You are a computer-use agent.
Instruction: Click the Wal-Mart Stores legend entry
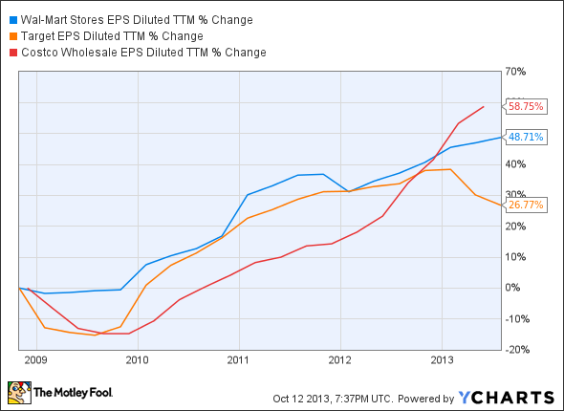pos(123,18)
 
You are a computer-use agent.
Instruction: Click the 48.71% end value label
pos(526,137)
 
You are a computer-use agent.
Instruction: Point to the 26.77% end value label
pos(526,205)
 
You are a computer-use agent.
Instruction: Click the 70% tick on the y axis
pos(516,72)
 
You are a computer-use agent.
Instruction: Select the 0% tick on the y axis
pos(513,288)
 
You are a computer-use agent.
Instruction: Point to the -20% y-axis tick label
pos(517,350)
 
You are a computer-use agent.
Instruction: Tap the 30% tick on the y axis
pos(516,195)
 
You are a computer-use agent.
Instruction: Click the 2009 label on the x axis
pos(35,360)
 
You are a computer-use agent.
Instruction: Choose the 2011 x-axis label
pos(238,360)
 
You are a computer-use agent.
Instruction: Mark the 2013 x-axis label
pos(442,360)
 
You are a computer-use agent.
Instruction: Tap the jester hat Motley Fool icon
pos(18,391)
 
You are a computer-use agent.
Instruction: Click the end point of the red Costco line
pos(483,106)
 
